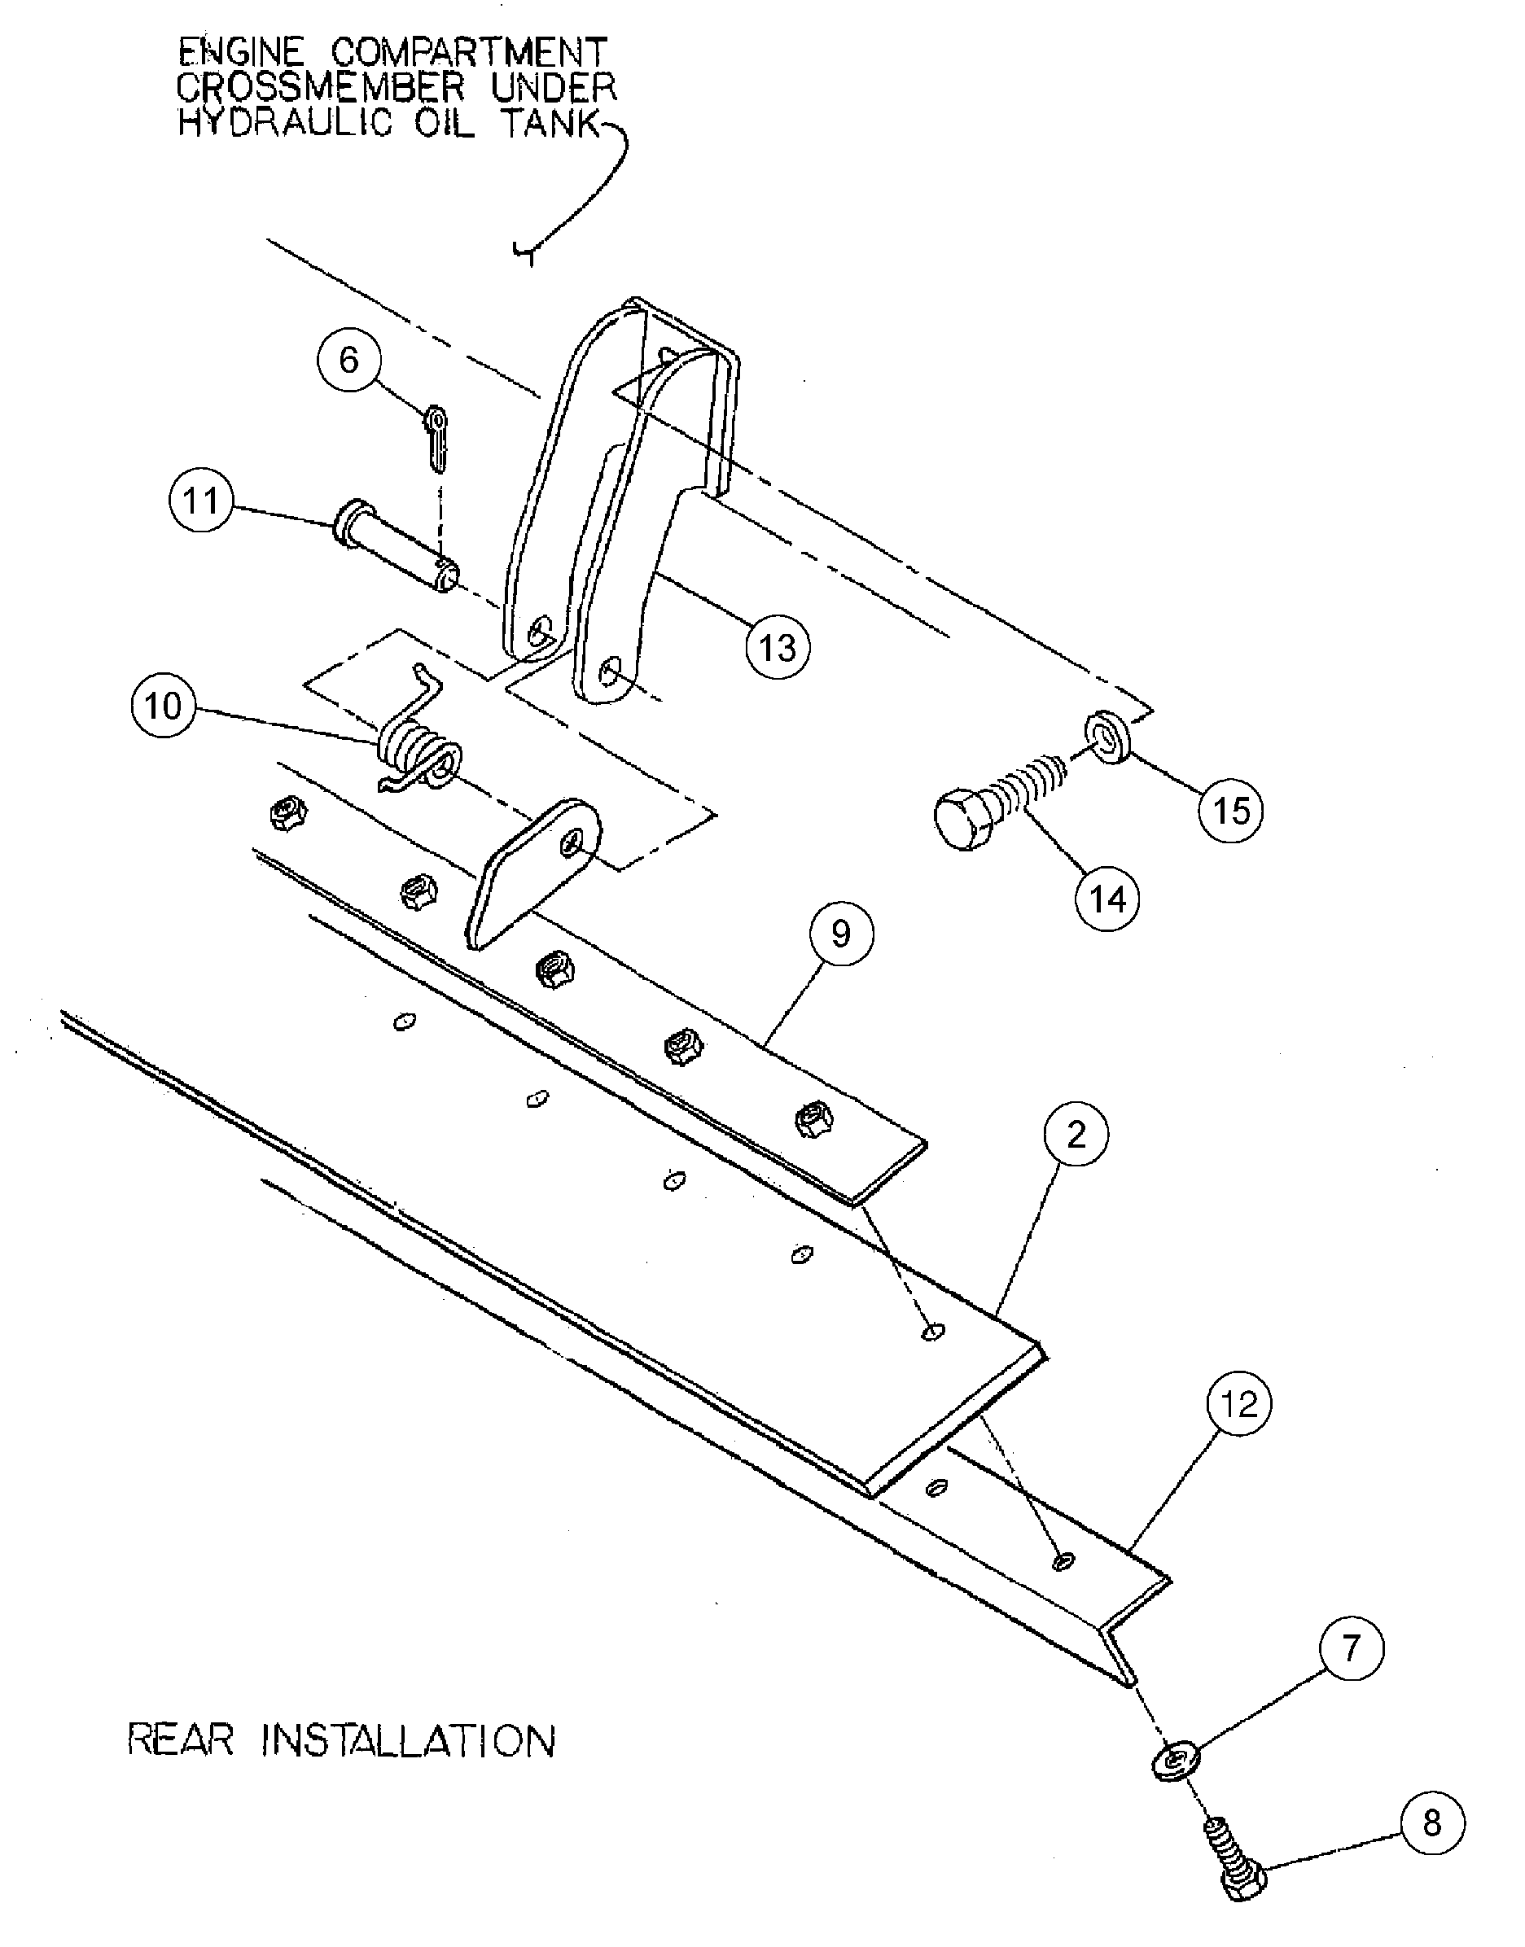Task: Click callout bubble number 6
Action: coord(349,361)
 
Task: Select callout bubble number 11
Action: coord(201,501)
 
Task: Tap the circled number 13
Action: coord(778,647)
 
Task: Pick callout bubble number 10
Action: coord(164,707)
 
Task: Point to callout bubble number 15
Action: coord(1231,811)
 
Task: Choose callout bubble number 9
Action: coord(841,934)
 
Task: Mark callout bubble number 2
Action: coord(1076,1135)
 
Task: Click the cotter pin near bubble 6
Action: coord(436,437)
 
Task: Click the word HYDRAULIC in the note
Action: coord(285,123)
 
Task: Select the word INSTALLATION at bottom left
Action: coord(412,1742)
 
